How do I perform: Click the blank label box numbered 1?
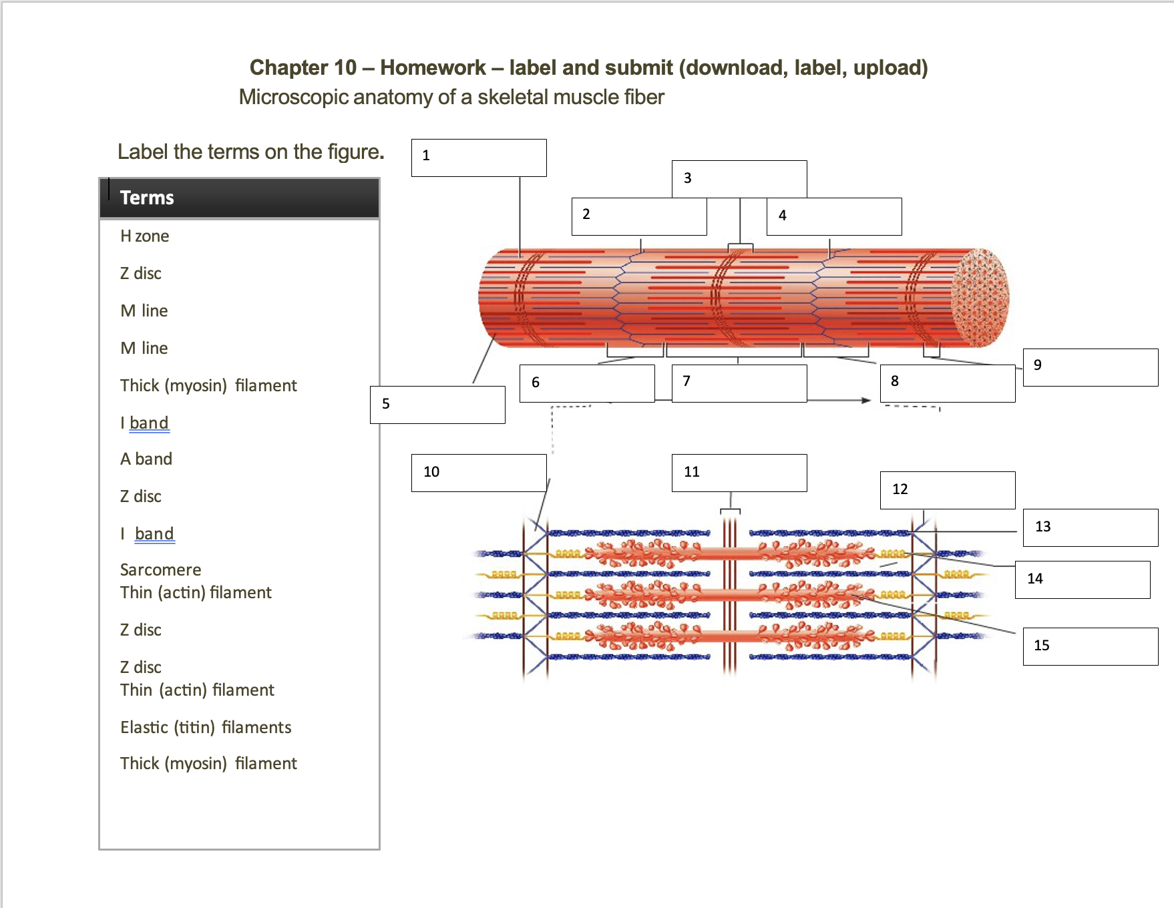pos(479,158)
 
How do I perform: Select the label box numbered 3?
pos(739,179)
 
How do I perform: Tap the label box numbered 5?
pos(437,405)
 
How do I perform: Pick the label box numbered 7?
pos(739,383)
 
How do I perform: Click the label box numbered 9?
pos(1091,367)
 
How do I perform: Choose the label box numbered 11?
pos(739,473)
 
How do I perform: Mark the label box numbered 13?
pos(1091,527)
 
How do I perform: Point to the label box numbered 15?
pos(1091,646)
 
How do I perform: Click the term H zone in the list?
pos(144,236)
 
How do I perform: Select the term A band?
pos(146,459)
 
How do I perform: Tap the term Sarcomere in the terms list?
pos(160,570)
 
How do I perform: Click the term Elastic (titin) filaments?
pos(206,728)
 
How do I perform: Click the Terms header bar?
pos(239,198)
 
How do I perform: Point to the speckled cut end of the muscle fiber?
pos(980,298)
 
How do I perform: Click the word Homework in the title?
pos(433,67)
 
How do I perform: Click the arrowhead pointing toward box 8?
pos(866,401)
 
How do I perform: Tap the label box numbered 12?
pos(948,490)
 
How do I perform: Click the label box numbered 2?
pos(639,216)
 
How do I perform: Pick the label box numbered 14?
pos(1083,580)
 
